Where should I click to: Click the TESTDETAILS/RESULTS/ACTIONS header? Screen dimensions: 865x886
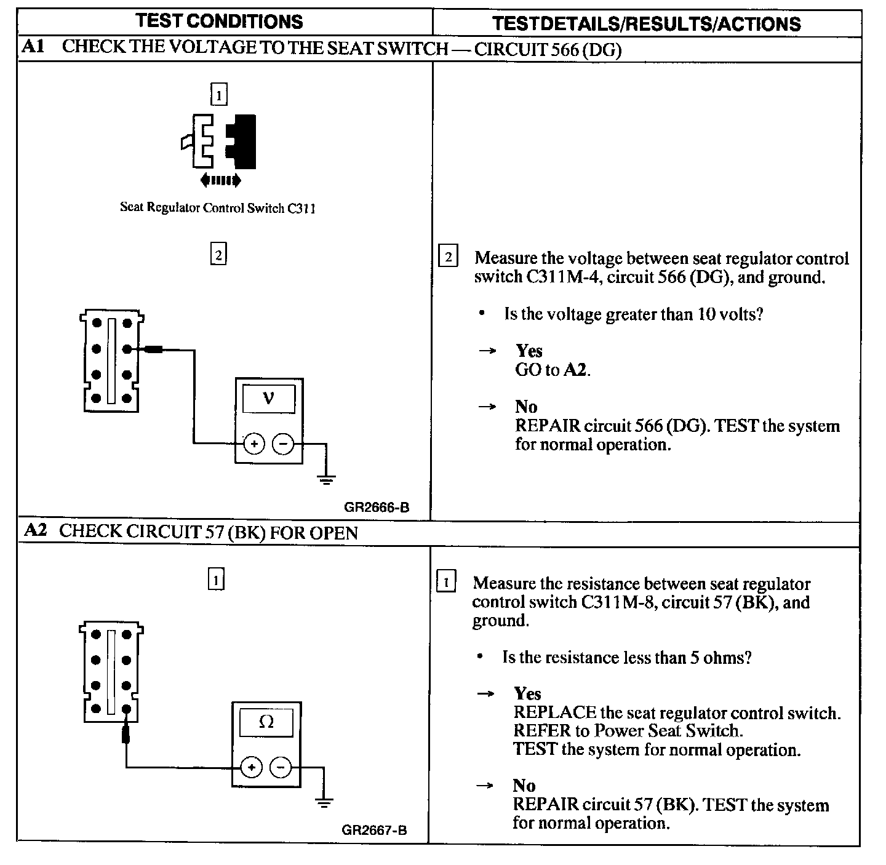(x=646, y=24)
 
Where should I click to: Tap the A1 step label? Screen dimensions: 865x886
(x=33, y=47)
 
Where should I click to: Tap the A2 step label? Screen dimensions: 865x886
(x=35, y=530)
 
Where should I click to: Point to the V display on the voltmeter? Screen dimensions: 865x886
(x=268, y=399)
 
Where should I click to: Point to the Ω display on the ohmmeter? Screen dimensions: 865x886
(x=266, y=722)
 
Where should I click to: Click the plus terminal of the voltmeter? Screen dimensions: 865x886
(x=253, y=444)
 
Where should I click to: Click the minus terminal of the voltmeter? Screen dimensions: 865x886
(x=282, y=444)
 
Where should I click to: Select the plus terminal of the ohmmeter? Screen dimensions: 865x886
(x=251, y=767)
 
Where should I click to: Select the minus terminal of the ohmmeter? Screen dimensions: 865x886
(x=281, y=767)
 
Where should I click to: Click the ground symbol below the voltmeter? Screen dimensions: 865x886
(x=326, y=479)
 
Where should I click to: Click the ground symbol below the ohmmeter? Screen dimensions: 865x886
(x=324, y=802)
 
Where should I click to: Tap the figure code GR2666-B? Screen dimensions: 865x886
(x=377, y=508)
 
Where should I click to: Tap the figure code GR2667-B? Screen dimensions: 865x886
(x=374, y=830)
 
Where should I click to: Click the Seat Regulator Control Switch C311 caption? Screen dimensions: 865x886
(x=218, y=208)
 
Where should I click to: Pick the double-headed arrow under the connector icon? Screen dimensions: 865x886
(x=220, y=180)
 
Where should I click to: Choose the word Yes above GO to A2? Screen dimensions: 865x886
(x=529, y=351)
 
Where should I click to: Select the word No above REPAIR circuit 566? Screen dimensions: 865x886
(x=526, y=407)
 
